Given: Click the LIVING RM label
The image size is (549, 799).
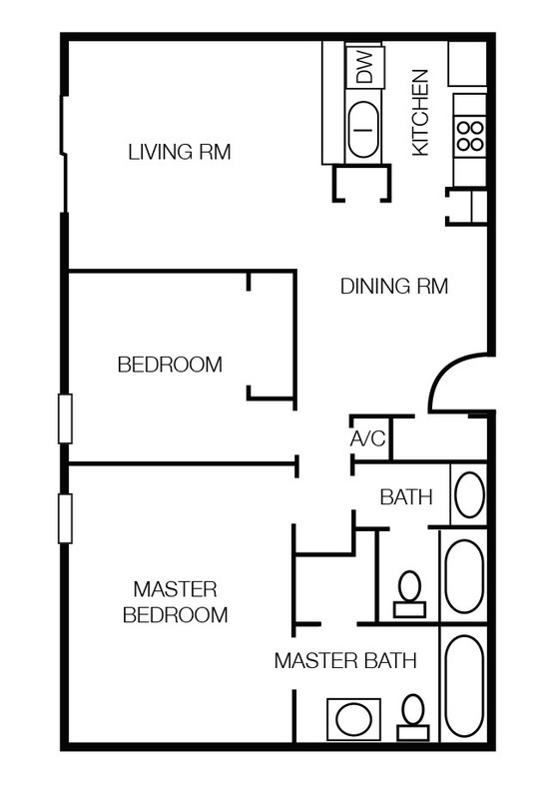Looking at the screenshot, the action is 180,152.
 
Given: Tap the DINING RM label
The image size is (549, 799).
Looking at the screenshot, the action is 394,286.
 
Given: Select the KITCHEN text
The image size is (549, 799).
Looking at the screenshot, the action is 420,113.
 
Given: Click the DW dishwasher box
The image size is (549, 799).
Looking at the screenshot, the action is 364,67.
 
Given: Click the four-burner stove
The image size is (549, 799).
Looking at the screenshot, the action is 470,136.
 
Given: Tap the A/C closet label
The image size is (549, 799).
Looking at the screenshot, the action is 368,438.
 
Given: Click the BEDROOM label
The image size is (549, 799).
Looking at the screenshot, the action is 170,365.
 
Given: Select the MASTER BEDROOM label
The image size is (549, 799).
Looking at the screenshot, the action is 176,602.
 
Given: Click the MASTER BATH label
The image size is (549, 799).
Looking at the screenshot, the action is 345,660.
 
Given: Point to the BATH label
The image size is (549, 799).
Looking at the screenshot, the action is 406,496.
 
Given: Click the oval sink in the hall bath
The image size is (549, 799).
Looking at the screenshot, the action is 469,494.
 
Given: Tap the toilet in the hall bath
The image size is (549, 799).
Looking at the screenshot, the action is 410,594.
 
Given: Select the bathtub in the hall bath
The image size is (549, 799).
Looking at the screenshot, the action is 464,576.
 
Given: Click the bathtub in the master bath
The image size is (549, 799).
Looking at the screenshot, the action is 464,685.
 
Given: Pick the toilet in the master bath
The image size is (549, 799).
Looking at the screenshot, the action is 413,717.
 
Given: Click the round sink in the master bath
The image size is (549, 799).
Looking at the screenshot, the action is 354,719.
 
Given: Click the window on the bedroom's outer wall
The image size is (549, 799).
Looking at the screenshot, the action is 65,418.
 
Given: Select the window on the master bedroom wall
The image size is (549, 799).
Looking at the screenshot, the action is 65,518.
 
